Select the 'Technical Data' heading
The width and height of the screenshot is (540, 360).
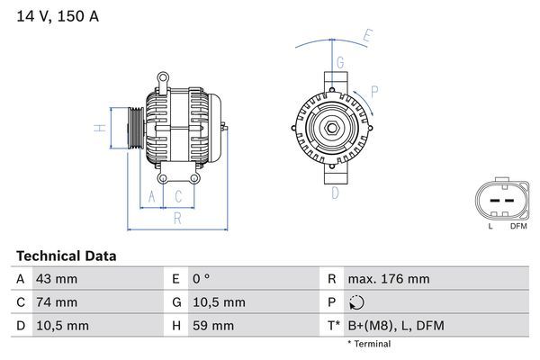[66, 256]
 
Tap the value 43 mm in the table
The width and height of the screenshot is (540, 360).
[56, 279]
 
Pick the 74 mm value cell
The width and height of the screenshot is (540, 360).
[56, 302]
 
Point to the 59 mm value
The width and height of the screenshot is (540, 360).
[213, 326]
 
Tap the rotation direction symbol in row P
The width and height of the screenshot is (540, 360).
[358, 302]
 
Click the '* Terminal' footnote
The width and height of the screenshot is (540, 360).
[369, 344]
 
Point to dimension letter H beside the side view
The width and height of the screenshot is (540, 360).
[102, 128]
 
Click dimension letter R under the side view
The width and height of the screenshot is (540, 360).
[177, 218]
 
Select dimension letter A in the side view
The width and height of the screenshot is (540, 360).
[152, 196]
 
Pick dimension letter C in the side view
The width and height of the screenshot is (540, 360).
[179, 196]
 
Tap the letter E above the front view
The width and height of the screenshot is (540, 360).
[367, 36]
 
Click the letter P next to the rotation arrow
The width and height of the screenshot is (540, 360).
[373, 90]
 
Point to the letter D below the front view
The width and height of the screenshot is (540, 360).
[335, 193]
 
